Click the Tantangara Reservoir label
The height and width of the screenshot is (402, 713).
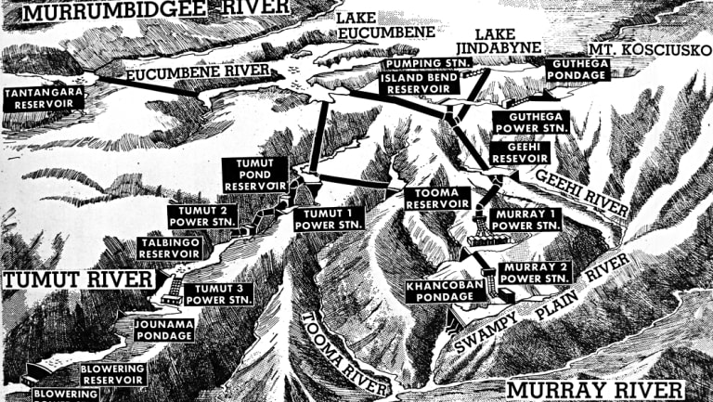pos(43,98)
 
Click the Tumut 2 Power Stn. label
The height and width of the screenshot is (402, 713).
pos(202,216)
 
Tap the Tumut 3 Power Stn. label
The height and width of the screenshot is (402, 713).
pos(219,293)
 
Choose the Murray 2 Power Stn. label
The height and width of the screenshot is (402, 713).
pos(534,272)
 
